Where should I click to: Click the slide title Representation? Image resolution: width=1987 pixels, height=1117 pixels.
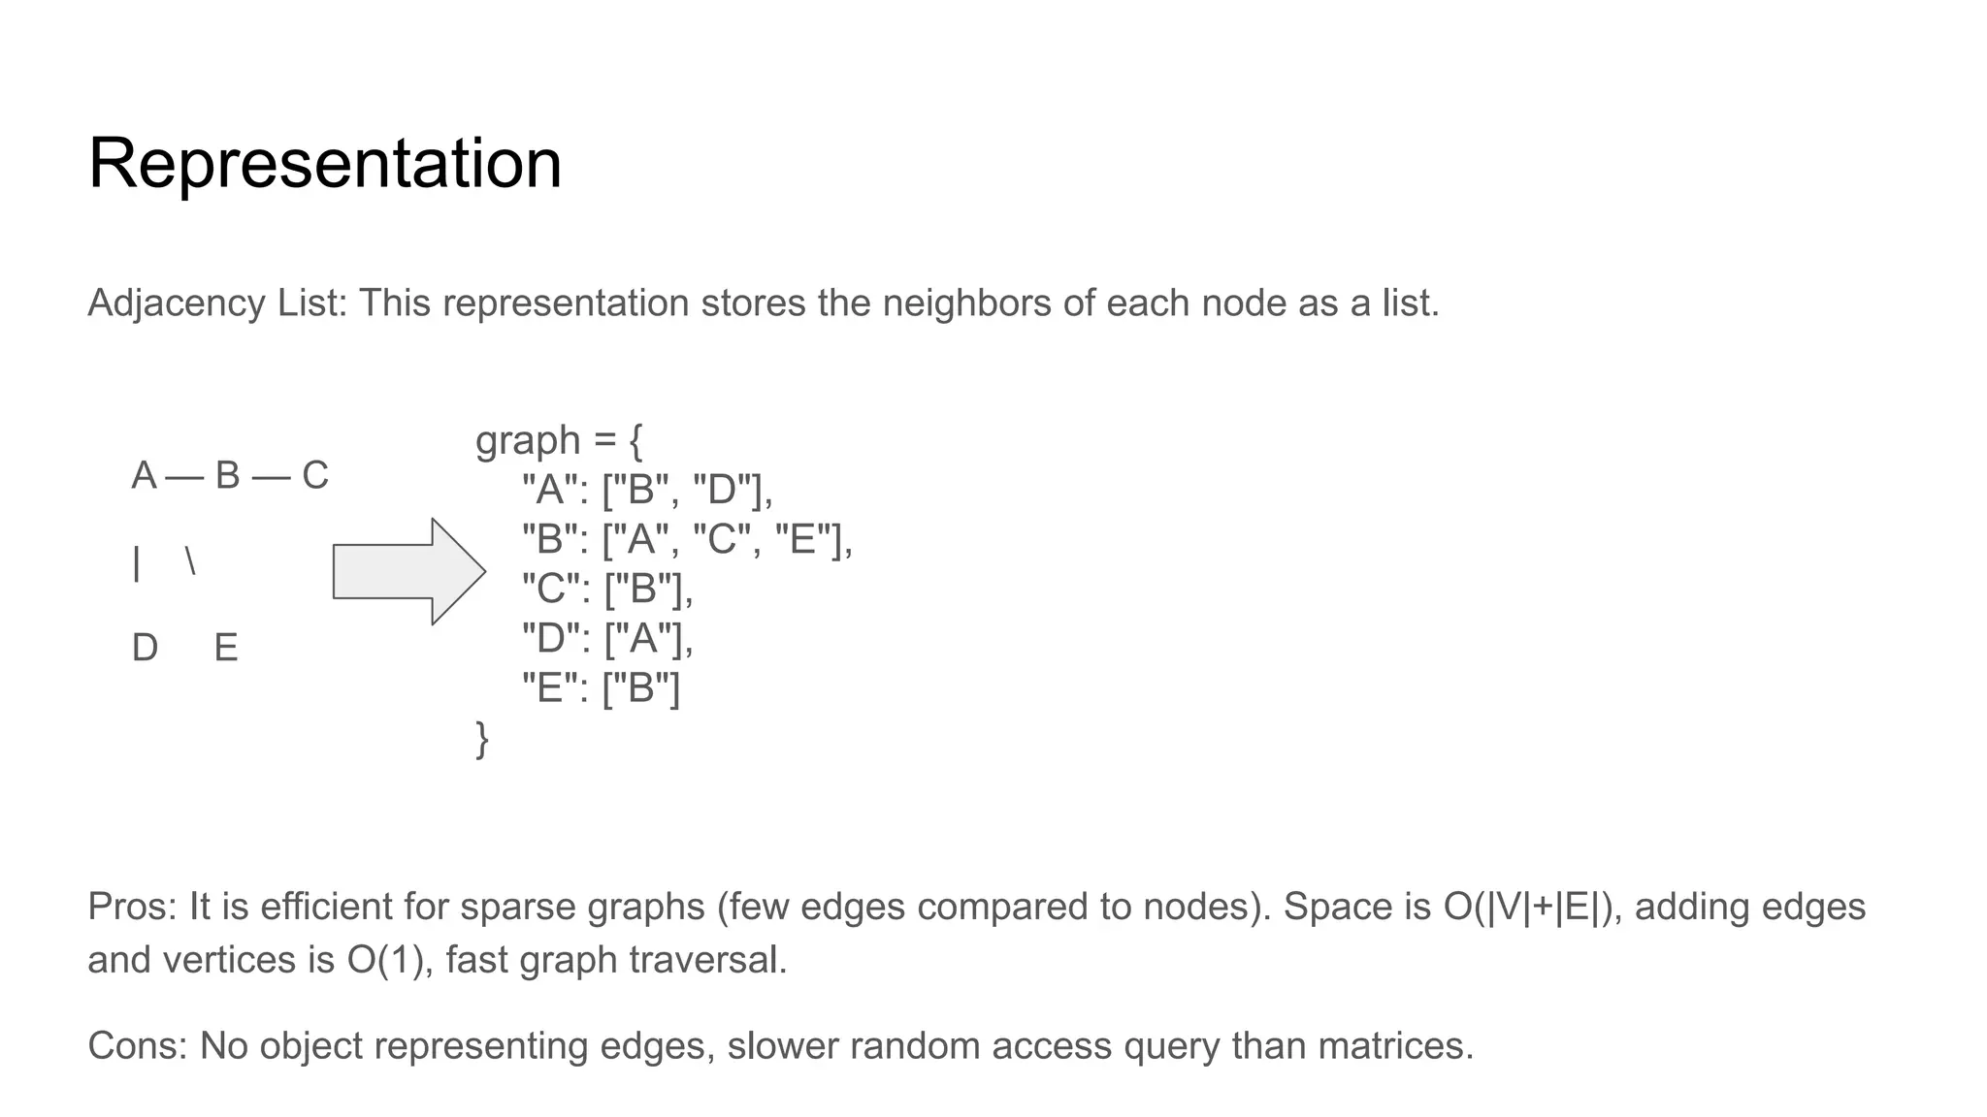(x=325, y=163)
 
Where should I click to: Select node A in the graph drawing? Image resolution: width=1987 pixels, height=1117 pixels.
(x=144, y=476)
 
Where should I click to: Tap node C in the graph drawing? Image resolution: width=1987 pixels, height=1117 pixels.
(x=315, y=476)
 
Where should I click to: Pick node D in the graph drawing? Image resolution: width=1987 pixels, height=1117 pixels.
(x=145, y=648)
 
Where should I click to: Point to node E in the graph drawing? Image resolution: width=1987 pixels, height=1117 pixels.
(x=226, y=648)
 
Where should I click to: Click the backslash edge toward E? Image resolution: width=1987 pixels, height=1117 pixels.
(x=190, y=561)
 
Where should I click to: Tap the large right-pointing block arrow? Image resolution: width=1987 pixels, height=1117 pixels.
(x=408, y=571)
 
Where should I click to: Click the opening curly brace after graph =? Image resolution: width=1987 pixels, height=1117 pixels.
(x=635, y=442)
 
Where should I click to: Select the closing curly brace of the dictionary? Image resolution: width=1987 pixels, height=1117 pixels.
(x=482, y=740)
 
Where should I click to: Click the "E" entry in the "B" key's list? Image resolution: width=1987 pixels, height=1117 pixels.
(x=802, y=539)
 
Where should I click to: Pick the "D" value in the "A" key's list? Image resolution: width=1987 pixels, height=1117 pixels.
(x=724, y=490)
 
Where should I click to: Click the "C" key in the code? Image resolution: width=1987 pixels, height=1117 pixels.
(x=550, y=589)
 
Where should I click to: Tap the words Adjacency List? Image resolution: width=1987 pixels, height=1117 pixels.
(x=214, y=303)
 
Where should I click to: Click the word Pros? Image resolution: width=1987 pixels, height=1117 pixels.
(x=130, y=907)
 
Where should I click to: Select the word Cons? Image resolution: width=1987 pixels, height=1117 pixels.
(x=135, y=1046)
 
